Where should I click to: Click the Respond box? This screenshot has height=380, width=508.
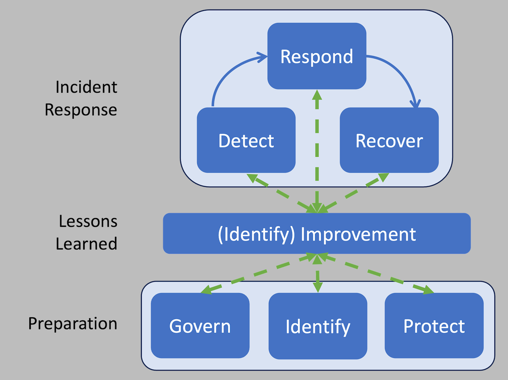(x=317, y=56)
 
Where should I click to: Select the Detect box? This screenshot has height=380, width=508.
(x=246, y=140)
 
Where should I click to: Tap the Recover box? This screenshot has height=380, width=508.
(x=389, y=140)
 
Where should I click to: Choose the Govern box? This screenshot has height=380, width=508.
(x=200, y=326)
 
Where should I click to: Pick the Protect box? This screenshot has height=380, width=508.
(x=434, y=326)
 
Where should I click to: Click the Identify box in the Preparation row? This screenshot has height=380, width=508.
(x=318, y=326)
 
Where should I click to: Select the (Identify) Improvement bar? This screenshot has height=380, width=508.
(x=317, y=234)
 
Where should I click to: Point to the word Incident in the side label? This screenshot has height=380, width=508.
(x=86, y=87)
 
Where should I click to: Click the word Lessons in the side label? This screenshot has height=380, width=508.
(x=88, y=221)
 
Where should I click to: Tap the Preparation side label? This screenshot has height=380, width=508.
(x=73, y=323)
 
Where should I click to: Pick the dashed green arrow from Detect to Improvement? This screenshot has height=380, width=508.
(x=281, y=193)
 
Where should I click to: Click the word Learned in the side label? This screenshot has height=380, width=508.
(x=86, y=243)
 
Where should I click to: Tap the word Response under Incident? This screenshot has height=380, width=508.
(x=81, y=110)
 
